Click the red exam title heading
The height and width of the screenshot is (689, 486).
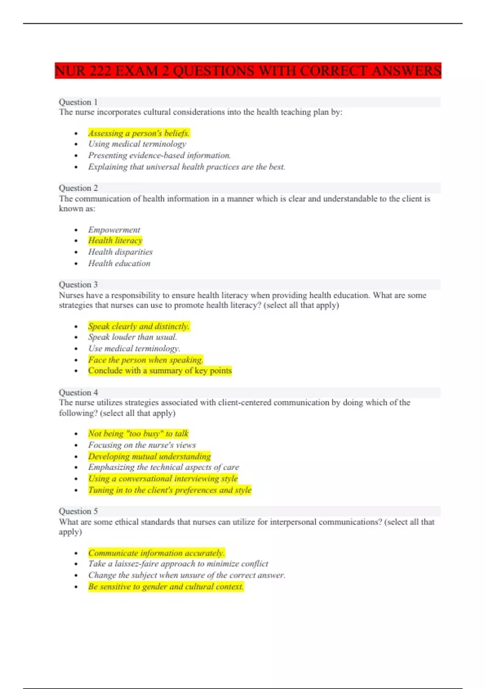click(248, 71)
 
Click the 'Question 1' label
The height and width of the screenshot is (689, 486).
click(78, 102)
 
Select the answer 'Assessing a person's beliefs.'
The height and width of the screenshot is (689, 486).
click(139, 133)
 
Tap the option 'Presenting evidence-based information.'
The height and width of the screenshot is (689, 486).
click(160, 155)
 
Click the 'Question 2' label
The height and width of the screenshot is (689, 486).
click(78, 188)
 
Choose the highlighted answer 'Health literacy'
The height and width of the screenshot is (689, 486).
click(115, 240)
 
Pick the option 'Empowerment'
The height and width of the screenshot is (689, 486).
click(114, 230)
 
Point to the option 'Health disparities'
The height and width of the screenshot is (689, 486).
click(120, 252)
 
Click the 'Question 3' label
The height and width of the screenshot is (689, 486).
click(78, 285)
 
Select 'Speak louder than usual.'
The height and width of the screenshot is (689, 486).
click(132, 337)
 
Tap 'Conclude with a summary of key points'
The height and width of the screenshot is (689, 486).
click(160, 370)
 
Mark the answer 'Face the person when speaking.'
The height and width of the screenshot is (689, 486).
click(145, 359)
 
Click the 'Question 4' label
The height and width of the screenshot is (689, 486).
click(78, 392)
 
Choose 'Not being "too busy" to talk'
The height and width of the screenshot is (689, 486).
click(139, 434)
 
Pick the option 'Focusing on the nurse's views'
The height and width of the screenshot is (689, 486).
click(142, 445)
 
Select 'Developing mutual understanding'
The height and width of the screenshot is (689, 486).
click(149, 456)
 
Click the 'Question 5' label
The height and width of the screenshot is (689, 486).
click(78, 511)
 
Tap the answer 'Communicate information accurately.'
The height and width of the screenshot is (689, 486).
click(156, 553)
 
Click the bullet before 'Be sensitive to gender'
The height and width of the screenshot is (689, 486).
click(76, 587)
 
